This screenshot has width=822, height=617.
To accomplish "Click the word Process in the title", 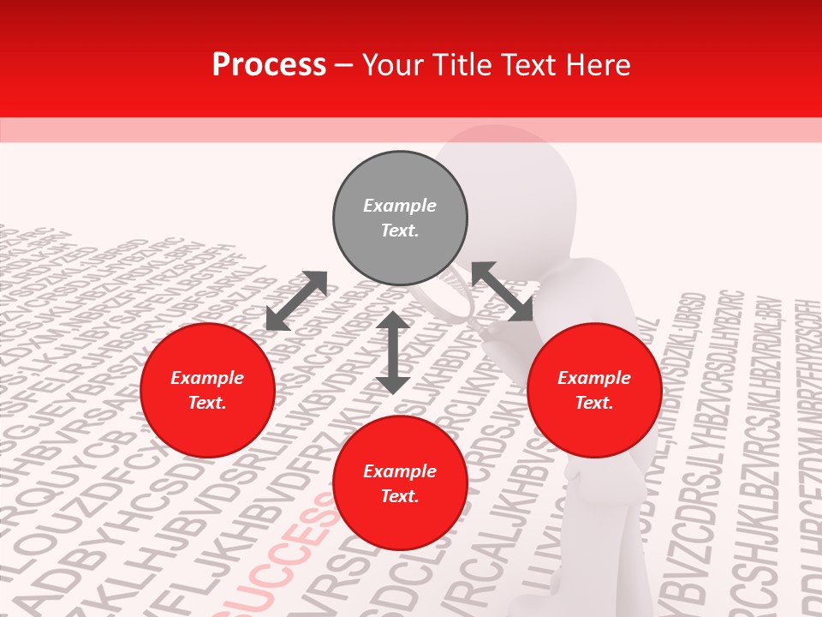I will [269, 65].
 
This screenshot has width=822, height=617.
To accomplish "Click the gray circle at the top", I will [400, 219].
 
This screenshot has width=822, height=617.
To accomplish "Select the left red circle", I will [207, 390].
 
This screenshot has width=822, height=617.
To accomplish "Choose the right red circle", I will [594, 390].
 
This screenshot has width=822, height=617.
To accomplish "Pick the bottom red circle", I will [400, 483].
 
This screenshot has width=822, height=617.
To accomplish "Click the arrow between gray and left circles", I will [296, 301].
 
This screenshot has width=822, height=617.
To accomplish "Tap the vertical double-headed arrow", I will [393, 352].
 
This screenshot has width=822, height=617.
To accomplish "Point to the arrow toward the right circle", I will [502, 291].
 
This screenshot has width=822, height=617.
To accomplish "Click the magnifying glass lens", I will [447, 296].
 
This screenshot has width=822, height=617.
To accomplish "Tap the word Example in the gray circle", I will [400, 206].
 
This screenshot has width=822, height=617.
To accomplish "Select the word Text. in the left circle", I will [207, 403].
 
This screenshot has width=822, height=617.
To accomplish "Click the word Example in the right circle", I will [594, 378].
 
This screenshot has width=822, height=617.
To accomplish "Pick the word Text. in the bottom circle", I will [400, 496].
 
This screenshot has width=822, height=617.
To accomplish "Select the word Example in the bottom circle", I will [400, 471].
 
